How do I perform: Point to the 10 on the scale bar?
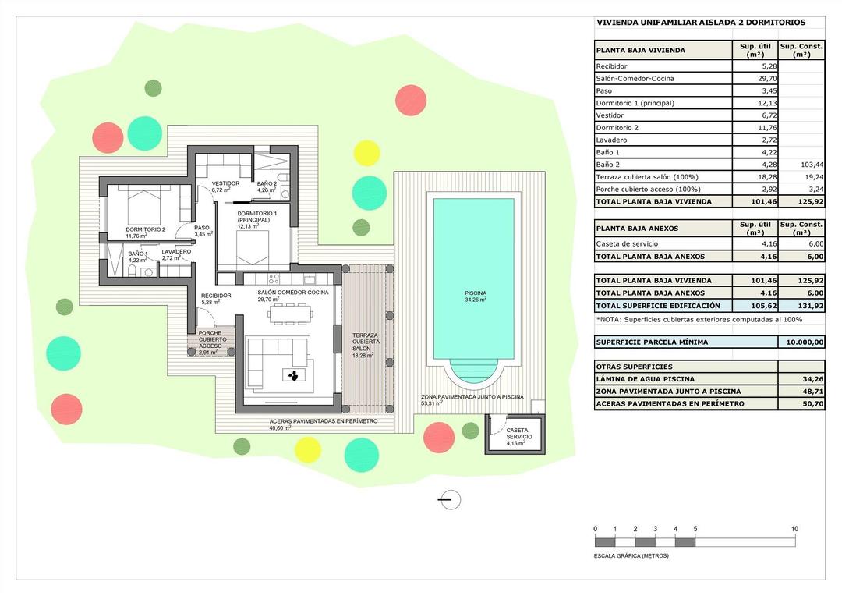[794, 529]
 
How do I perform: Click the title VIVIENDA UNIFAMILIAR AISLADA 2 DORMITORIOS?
[701, 23]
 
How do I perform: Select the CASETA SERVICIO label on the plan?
[519, 434]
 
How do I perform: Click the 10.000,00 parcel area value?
[801, 342]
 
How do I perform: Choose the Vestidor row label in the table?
[610, 115]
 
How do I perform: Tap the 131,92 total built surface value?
[801, 306]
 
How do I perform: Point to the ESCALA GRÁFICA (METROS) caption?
[631, 556]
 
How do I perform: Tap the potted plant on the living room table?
[294, 376]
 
